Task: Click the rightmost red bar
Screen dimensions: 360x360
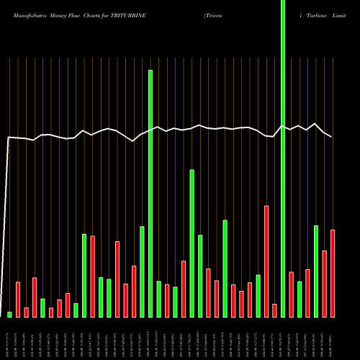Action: [333, 274]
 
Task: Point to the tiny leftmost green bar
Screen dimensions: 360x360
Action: [10, 315]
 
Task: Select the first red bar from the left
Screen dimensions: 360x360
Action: [18, 300]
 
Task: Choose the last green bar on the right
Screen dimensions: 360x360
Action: [316, 271]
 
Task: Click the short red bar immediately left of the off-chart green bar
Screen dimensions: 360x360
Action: [274, 310]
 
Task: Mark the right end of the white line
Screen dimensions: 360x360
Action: [332, 137]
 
